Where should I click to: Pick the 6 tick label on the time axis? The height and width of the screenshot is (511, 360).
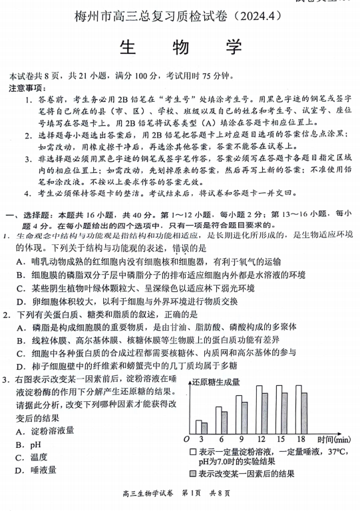tap(220, 439)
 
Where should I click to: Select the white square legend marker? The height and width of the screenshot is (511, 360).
tap(192, 452)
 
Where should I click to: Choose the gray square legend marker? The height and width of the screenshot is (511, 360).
tap(192, 474)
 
